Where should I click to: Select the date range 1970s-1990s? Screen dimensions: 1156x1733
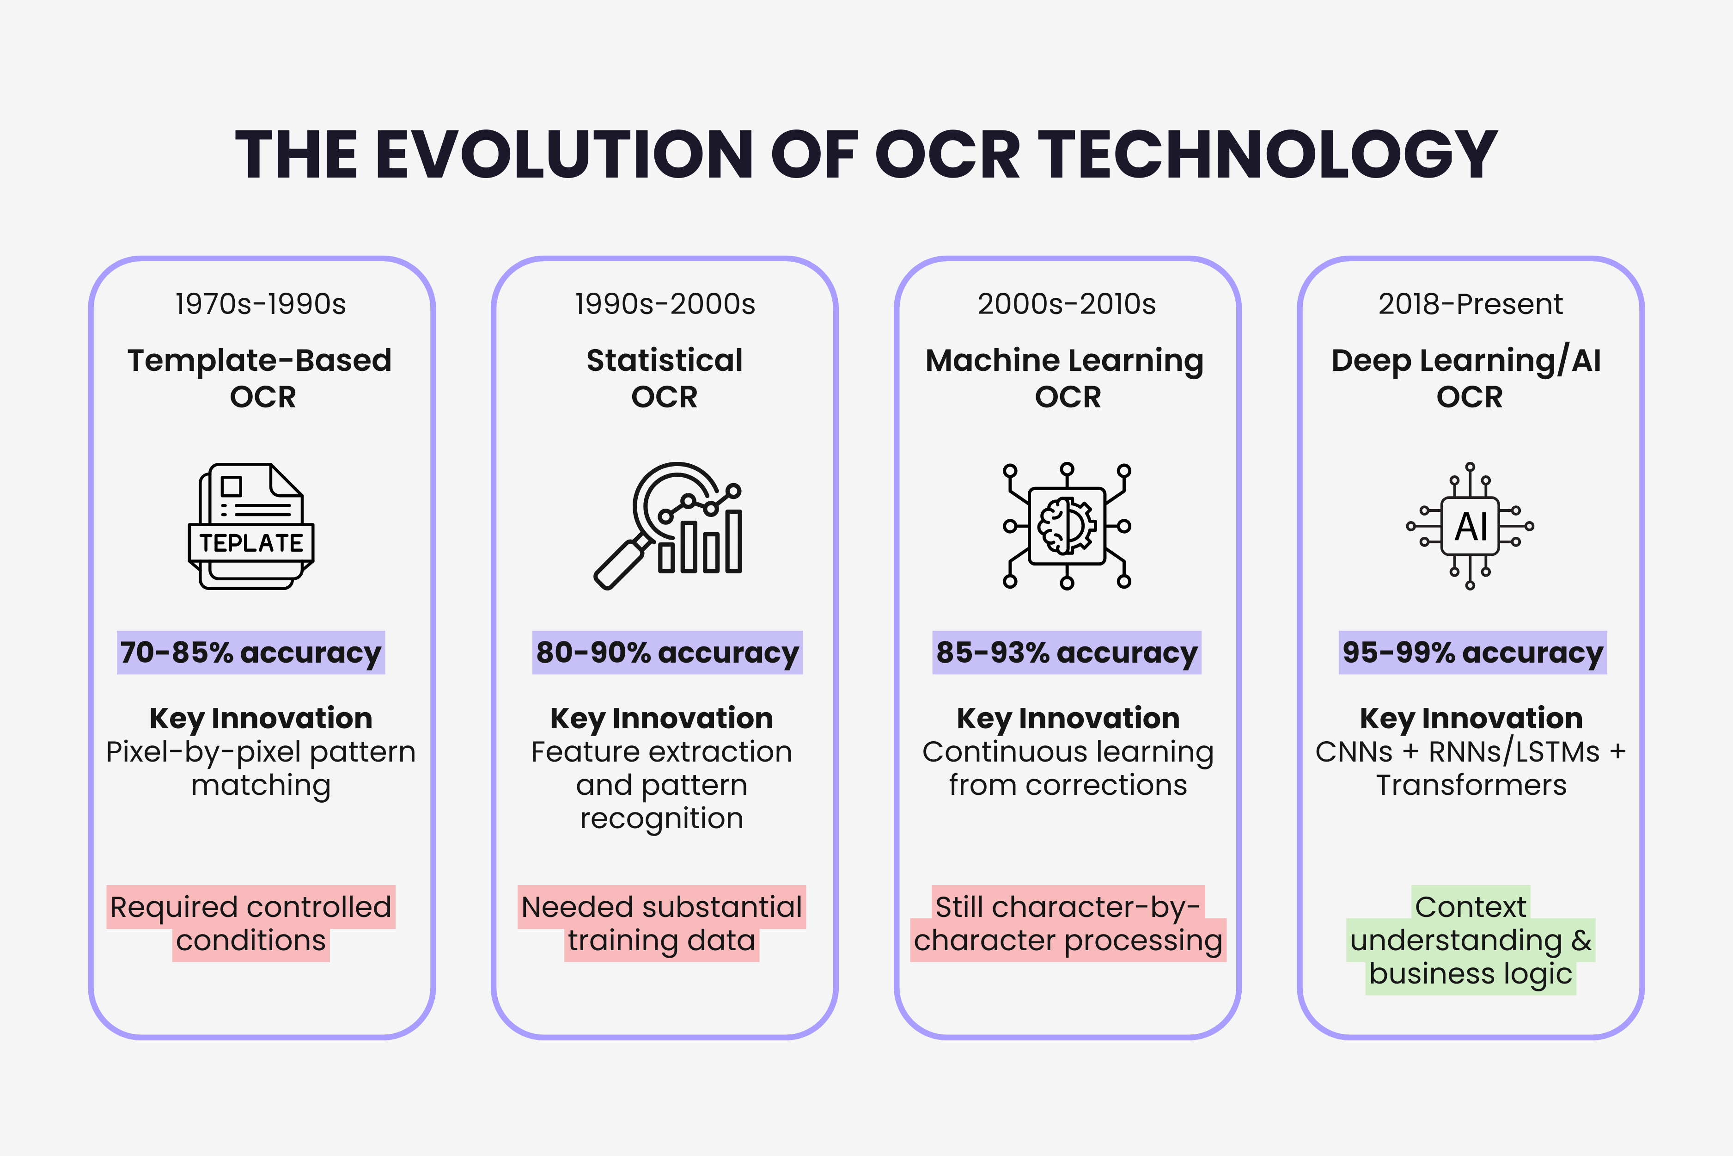point(261,304)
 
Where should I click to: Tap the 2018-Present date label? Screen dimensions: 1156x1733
point(1470,304)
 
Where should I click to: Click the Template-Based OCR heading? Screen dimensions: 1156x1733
point(261,377)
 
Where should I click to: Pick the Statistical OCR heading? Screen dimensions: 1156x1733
point(664,377)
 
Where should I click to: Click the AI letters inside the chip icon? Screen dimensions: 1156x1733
point(1470,526)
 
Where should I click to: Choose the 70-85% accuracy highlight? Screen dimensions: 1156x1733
point(250,652)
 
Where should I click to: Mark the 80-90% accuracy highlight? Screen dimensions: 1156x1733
point(667,652)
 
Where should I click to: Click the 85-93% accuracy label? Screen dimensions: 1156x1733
point(1066,652)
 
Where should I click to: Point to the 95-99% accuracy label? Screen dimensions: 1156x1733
point(1472,652)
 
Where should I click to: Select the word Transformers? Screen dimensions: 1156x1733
point(1471,785)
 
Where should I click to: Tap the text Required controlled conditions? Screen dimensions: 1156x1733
point(250,923)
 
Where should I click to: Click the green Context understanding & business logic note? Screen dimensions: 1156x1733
point(1471,940)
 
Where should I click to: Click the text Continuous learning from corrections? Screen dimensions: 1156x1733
point(1068,768)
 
